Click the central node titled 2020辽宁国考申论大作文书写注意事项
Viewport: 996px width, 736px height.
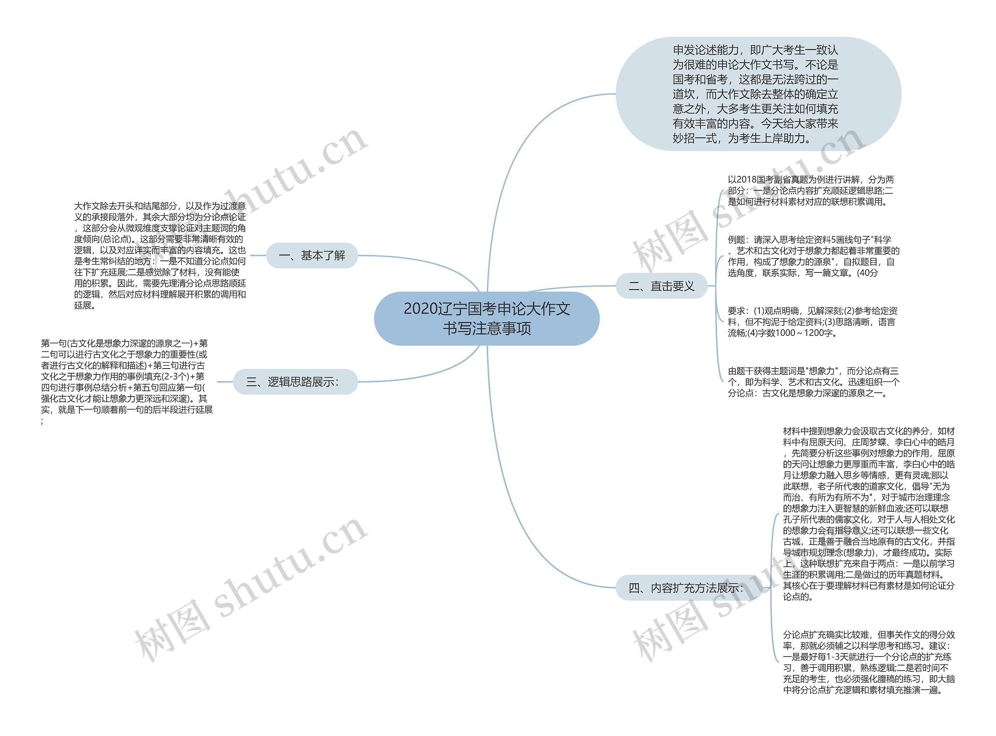point(486,318)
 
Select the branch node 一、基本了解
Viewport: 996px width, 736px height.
point(312,255)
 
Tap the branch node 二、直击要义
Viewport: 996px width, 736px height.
point(661,286)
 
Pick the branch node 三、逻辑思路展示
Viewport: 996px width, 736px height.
point(295,382)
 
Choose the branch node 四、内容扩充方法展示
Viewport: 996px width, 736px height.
point(686,588)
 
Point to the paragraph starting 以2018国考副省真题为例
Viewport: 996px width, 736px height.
point(810,190)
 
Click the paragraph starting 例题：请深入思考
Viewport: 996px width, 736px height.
point(813,256)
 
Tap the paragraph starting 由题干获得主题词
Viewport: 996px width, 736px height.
point(813,382)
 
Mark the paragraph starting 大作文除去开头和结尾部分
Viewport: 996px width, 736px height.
point(160,255)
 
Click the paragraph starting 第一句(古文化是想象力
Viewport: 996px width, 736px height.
point(126,382)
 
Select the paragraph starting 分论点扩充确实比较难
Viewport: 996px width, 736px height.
point(868,662)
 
